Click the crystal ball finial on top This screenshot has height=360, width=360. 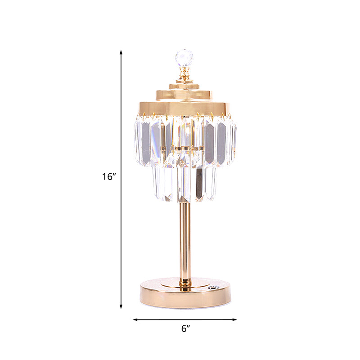[184, 58]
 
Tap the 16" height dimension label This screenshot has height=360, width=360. [109, 177]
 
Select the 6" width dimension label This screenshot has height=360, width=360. [184, 329]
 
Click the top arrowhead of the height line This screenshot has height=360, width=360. [121, 52]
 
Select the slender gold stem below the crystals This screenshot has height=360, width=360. [185, 238]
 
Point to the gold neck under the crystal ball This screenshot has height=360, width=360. [184, 74]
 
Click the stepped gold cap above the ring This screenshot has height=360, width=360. [184, 92]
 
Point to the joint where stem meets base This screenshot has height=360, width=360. [185, 282]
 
